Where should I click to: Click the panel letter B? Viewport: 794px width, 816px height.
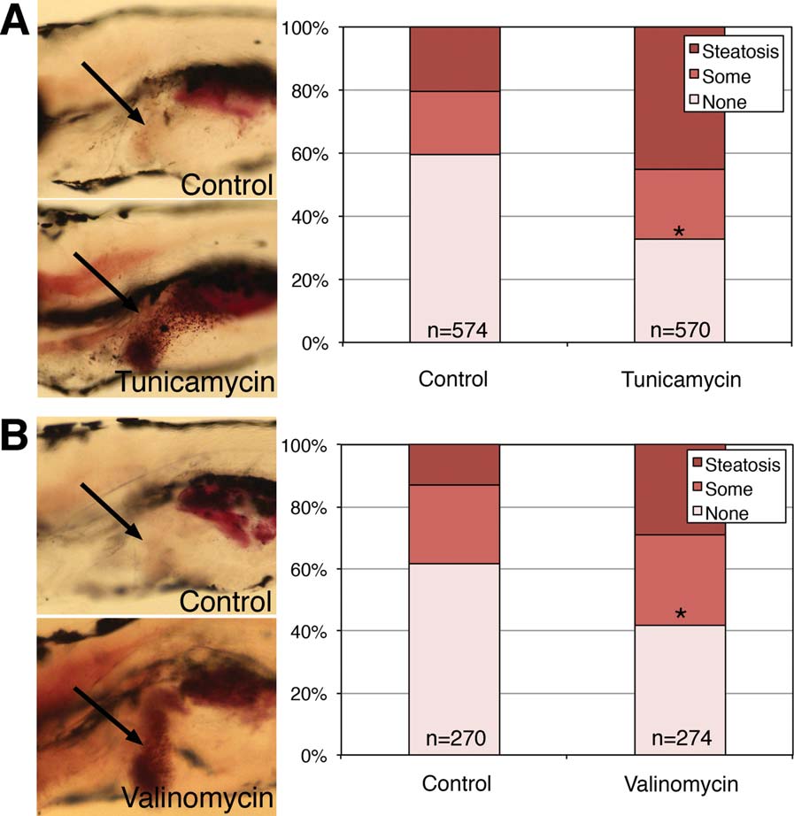[17, 436]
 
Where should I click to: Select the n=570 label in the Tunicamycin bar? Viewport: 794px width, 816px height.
[680, 330]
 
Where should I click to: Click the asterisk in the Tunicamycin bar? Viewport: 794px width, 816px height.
[679, 233]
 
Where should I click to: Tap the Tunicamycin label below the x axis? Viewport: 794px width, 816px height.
[680, 381]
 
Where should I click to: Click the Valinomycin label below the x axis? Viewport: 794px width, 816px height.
[680, 785]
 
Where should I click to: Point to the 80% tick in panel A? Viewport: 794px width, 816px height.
[312, 91]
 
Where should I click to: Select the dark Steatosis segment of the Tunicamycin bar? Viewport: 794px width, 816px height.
[680, 97]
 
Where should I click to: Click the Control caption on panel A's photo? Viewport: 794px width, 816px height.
[227, 185]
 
